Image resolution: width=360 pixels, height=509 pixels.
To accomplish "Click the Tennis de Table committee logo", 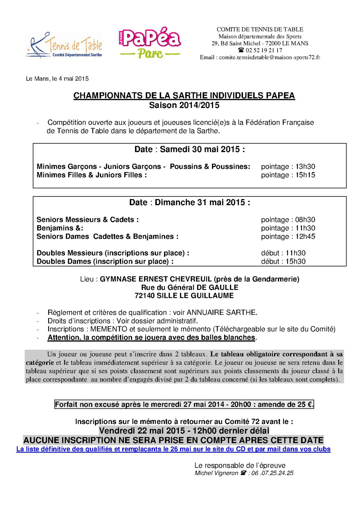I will coord(64,45).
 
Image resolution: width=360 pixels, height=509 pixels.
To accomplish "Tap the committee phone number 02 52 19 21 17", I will coord(263,50).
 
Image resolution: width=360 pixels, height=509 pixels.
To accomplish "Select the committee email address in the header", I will coord(269,57).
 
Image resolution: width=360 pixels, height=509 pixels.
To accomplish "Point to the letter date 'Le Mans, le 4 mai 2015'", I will coord(57,79).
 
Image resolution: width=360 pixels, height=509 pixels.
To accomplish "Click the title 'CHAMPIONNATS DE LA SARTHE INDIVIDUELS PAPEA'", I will coord(184,96).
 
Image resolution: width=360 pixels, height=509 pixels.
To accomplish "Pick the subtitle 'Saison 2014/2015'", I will coord(184,105).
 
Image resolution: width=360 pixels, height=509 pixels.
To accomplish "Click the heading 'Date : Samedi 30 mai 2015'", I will coord(189,150).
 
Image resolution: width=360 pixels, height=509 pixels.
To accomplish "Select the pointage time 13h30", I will coord(305,167).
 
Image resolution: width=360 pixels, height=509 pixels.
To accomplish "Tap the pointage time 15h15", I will coord(305,175).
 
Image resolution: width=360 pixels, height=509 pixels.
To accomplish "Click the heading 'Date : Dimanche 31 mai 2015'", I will coord(189,202).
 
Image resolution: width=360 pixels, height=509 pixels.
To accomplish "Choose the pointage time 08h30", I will coord(305,220).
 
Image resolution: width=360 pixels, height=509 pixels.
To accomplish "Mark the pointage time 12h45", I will coord(305,236).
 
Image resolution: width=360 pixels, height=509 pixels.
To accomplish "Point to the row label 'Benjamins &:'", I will coord(60,228).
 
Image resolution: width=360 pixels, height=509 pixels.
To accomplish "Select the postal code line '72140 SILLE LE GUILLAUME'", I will coord(184,296).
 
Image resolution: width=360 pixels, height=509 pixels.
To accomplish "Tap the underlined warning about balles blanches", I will coord(151,337).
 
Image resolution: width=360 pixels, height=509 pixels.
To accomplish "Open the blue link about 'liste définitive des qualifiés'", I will coord(173,449).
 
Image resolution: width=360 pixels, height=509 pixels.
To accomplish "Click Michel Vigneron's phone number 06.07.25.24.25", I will coord(272,473).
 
